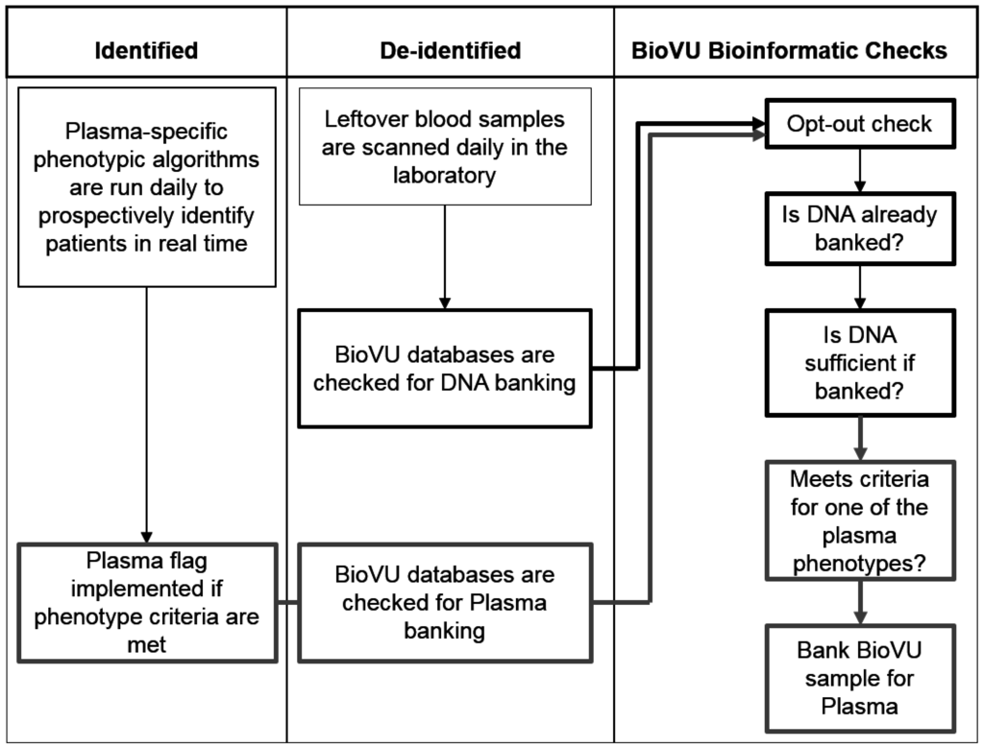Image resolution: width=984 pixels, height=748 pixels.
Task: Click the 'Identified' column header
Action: pyautogui.click(x=146, y=51)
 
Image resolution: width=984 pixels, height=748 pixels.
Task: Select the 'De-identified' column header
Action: pyautogui.click(x=450, y=51)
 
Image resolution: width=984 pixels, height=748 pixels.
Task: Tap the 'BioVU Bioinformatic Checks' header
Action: pyautogui.click(x=789, y=51)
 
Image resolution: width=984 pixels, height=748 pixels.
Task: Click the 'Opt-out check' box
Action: pyautogui.click(x=859, y=125)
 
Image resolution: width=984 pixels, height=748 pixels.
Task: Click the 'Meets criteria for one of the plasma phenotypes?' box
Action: pyautogui.click(x=859, y=520)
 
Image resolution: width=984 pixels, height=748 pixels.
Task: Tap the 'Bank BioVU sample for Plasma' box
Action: pyautogui.click(x=859, y=678)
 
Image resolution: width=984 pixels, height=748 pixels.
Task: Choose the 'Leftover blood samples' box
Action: pyautogui.click(x=445, y=147)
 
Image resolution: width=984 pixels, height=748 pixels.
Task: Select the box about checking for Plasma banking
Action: pyautogui.click(x=445, y=603)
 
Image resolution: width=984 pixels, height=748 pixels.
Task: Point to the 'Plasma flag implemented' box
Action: pyautogui.click(x=146, y=601)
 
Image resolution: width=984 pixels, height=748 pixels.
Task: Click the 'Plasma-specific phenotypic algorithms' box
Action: pyautogui.click(x=146, y=187)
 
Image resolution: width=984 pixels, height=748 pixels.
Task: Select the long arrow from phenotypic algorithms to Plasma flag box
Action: pyautogui.click(x=146, y=413)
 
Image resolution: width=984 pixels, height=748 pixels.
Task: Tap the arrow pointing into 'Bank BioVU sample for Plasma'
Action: pyautogui.click(x=859, y=602)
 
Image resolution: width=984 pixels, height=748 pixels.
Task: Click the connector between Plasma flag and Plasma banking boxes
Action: pyautogui.click(x=287, y=603)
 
